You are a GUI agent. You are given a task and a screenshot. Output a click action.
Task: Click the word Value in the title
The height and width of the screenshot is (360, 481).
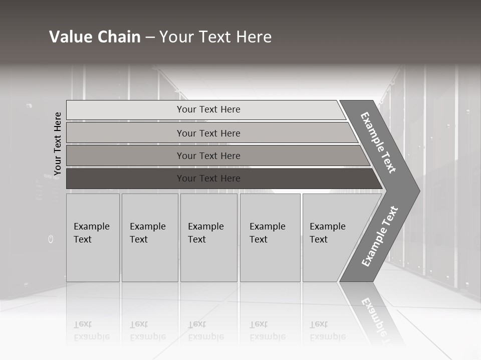click(x=70, y=37)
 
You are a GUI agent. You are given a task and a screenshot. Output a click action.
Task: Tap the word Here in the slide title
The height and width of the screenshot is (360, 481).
click(x=253, y=37)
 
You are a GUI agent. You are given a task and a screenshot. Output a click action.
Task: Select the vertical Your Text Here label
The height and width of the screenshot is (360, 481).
click(x=58, y=143)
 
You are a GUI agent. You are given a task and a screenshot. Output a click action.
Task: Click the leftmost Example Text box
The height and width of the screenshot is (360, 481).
click(x=93, y=237)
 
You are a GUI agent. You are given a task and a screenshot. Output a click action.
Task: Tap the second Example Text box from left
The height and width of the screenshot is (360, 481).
click(x=150, y=237)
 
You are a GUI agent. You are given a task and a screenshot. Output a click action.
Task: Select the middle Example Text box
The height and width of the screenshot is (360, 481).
click(x=208, y=237)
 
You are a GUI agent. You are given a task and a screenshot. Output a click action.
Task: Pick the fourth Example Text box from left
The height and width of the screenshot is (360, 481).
click(x=270, y=237)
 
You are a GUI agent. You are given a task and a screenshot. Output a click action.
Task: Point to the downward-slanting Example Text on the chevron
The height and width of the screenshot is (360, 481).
click(x=378, y=142)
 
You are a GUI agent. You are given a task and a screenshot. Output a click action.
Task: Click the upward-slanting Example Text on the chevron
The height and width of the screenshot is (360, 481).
click(x=380, y=236)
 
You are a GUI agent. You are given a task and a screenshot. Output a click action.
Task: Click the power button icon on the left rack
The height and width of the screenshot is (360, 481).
click(x=51, y=239)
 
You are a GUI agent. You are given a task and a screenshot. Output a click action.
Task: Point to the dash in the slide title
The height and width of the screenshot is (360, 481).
click(x=150, y=37)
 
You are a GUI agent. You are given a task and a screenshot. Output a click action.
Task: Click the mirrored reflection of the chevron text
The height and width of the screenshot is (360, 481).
click(x=373, y=315)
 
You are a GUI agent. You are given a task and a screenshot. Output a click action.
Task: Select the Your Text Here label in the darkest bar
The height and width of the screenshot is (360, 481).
click(x=208, y=178)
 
